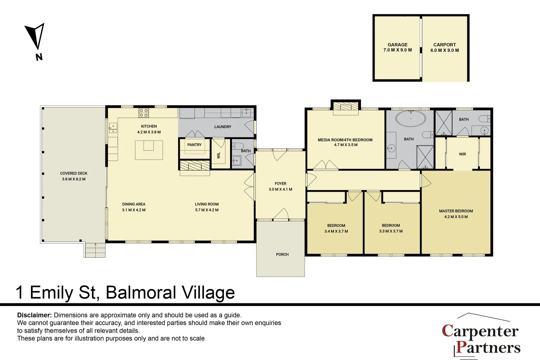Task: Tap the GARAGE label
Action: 397,45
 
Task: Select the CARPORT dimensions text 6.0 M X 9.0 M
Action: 444,50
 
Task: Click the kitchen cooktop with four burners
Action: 144,113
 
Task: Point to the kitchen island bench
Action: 149,150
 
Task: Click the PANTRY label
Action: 194,145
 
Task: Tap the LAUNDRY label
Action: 223,127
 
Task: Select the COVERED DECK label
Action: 74,173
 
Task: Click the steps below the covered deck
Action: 95,250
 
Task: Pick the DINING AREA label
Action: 134,204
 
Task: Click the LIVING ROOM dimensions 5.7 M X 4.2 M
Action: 207,210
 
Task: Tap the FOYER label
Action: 280,183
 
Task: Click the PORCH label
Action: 282,254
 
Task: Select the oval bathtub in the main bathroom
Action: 411,118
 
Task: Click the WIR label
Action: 462,154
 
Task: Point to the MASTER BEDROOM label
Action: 456,211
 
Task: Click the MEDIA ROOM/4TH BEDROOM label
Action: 345,140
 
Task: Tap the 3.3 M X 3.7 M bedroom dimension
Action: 391,231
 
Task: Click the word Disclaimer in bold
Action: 34,315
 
